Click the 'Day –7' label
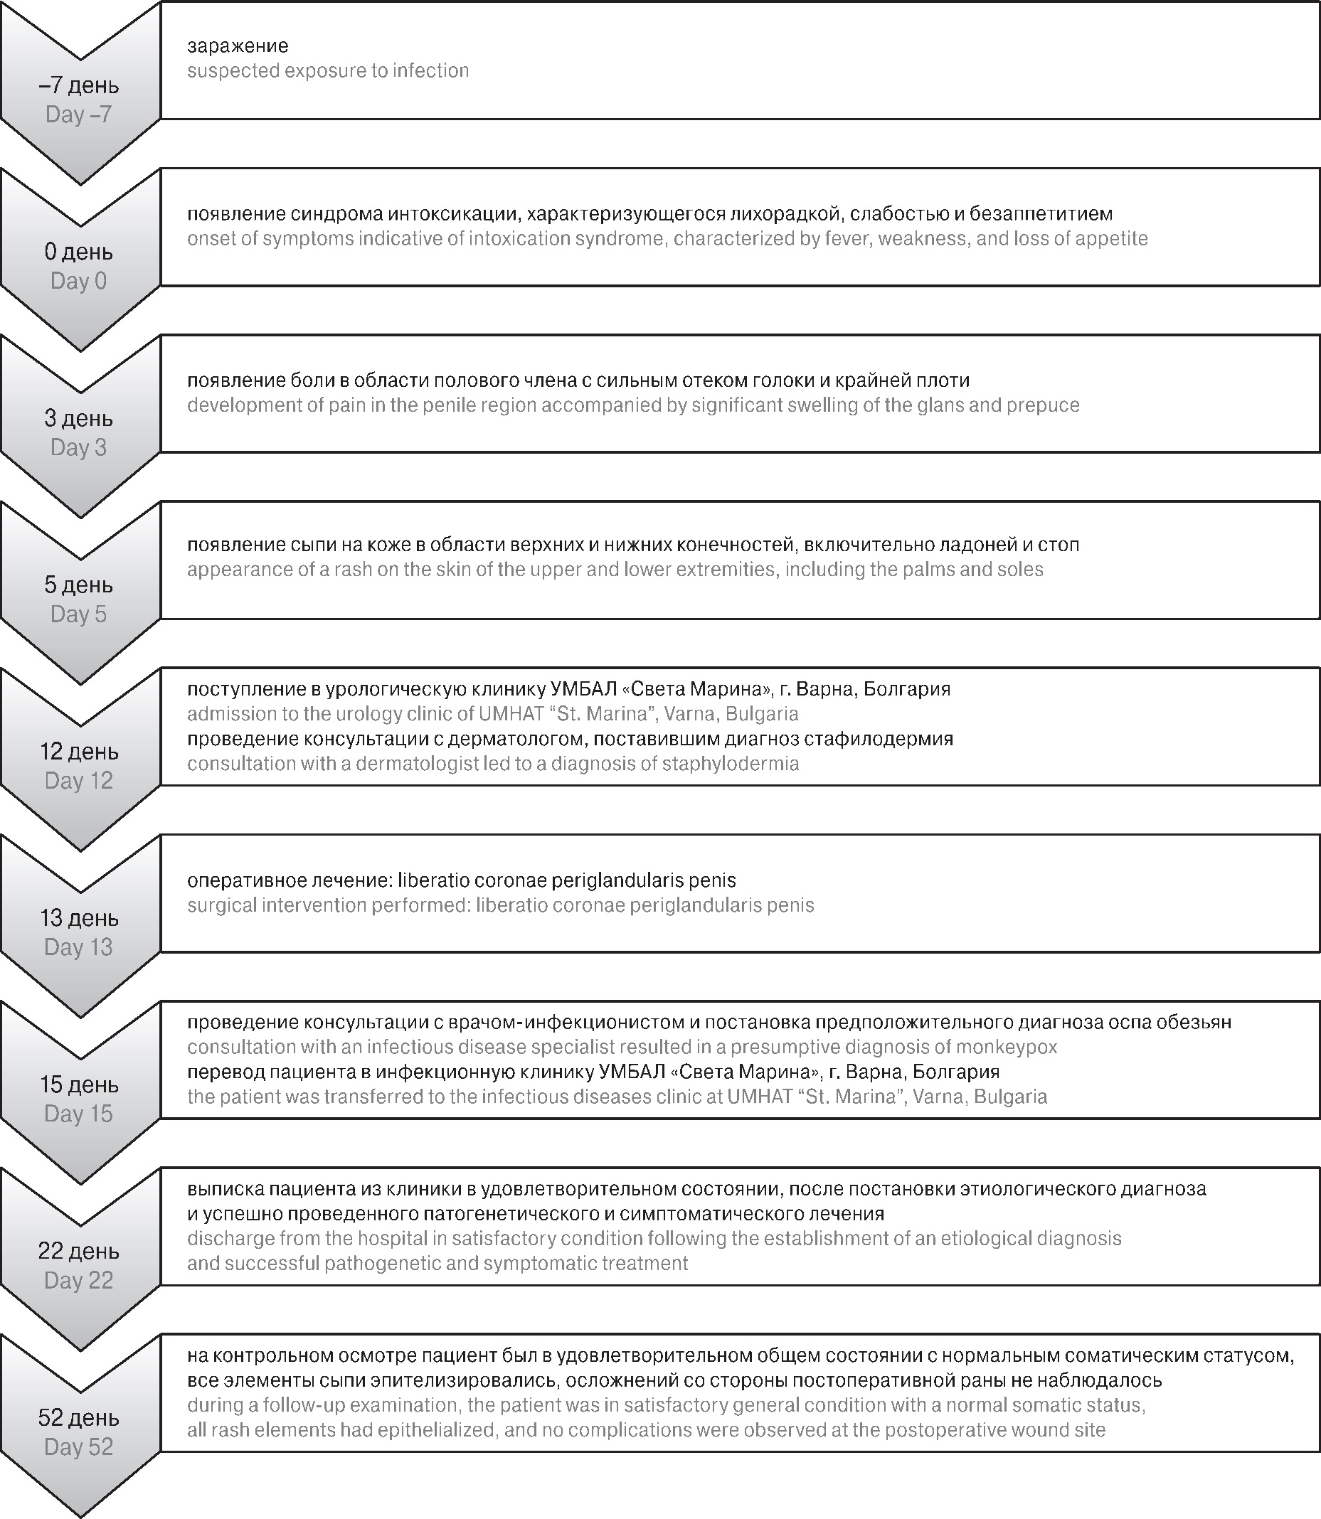click(79, 114)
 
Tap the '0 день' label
click(79, 252)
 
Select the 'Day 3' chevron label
click(79, 447)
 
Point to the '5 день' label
click(79, 585)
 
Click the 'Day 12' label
click(79, 781)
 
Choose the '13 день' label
click(79, 918)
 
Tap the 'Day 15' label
click(79, 1114)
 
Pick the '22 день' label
click(79, 1252)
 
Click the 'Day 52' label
click(79, 1446)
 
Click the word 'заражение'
click(238, 46)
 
